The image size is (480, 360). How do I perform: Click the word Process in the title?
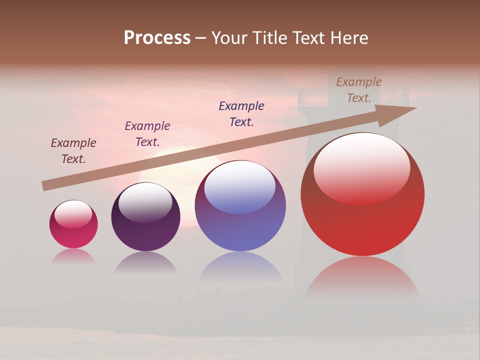coord(157,38)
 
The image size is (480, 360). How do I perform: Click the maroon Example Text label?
coord(73,150)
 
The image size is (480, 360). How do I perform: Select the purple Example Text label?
coord(147,134)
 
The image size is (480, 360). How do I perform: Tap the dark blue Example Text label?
coord(241,113)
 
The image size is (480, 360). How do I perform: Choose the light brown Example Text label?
coord(359,90)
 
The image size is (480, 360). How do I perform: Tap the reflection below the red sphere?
coord(362,277)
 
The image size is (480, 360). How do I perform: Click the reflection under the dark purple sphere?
coord(145,262)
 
